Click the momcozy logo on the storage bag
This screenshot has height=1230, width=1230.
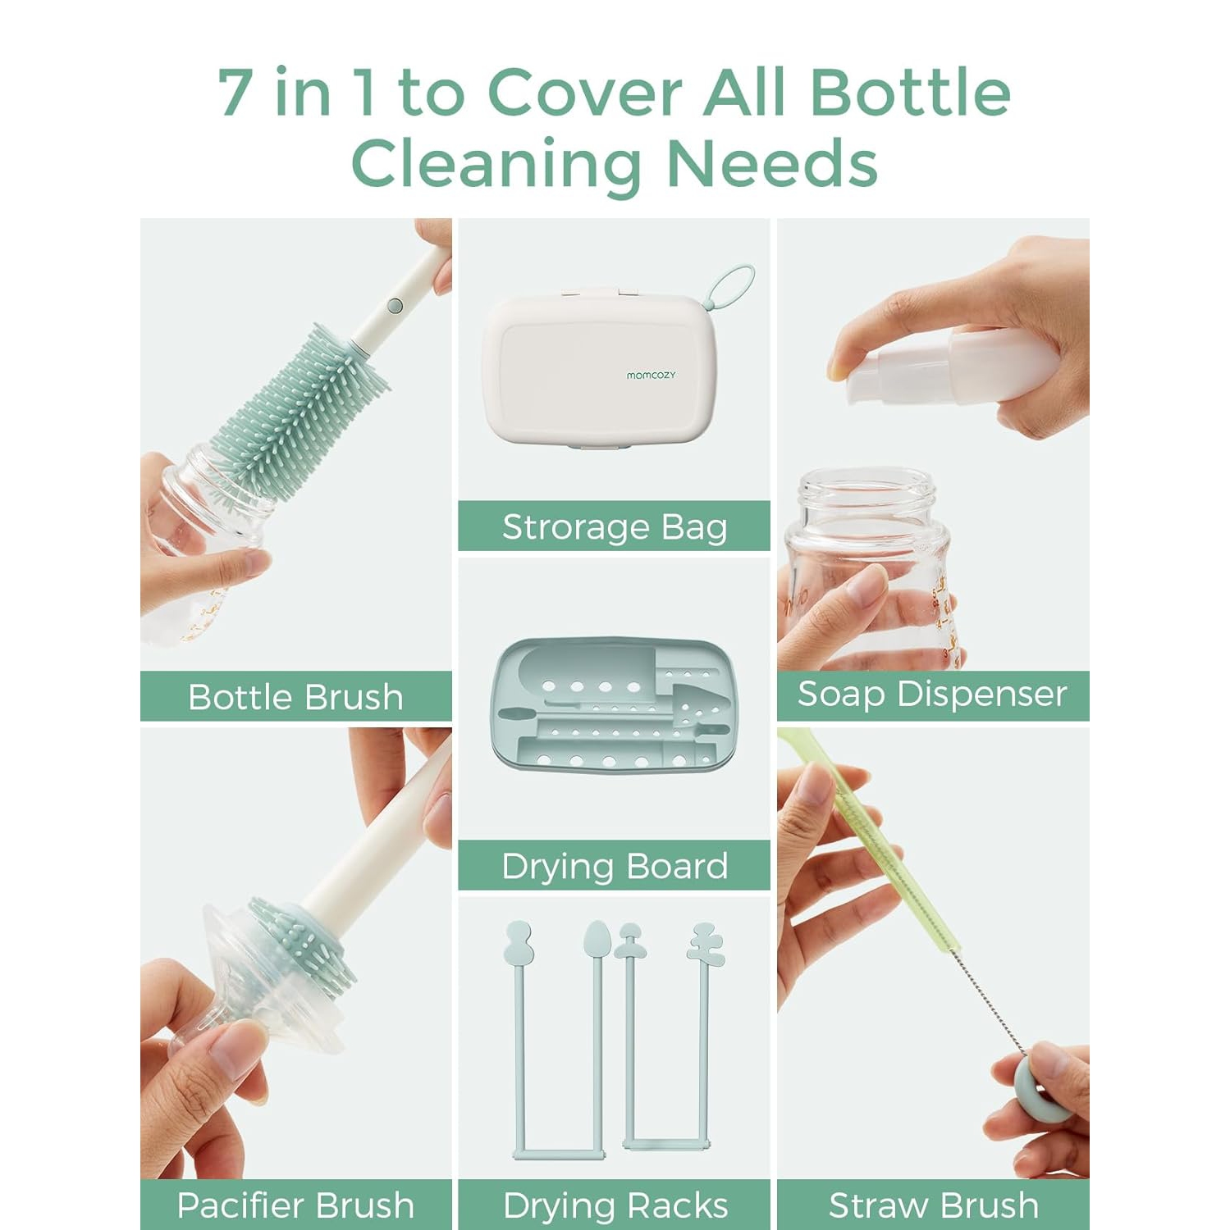click(x=651, y=375)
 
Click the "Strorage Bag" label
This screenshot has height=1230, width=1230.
click(x=614, y=527)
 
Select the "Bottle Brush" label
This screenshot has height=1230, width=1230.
click(x=295, y=697)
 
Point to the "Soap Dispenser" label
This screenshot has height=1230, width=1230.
click(x=932, y=695)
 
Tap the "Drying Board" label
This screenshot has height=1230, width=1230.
click(x=614, y=866)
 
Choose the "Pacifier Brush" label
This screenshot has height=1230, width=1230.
click(x=295, y=1205)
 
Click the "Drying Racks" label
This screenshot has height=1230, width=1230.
click(x=615, y=1205)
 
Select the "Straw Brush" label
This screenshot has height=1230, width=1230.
click(x=933, y=1205)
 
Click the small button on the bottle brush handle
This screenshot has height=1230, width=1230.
click(x=395, y=306)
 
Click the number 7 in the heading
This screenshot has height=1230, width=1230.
click(x=235, y=92)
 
